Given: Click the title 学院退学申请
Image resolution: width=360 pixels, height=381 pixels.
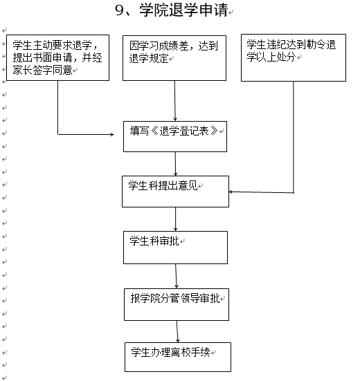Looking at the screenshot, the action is point(183,10).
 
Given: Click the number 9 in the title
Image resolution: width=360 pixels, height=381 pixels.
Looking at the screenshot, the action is point(120,10).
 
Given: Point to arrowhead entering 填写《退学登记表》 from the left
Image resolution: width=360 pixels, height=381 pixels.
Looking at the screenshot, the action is point(112,134).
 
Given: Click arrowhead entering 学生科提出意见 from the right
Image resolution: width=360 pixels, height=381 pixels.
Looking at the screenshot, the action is point(231,192).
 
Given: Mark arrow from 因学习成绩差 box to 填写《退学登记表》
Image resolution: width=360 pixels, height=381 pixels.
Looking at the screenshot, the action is point(174,101).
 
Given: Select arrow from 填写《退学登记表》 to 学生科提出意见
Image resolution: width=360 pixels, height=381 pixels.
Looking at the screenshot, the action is point(175,164).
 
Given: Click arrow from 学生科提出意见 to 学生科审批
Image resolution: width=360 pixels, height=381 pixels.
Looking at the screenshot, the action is point(175,219).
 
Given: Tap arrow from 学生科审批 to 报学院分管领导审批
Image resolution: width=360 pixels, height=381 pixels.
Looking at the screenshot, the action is point(176,277).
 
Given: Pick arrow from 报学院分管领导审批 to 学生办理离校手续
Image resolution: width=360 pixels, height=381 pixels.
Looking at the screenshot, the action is point(177,332).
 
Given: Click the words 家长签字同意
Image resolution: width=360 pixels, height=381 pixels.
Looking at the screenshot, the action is point(42,71).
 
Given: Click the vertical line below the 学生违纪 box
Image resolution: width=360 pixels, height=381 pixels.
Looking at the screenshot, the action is point(294,137).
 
